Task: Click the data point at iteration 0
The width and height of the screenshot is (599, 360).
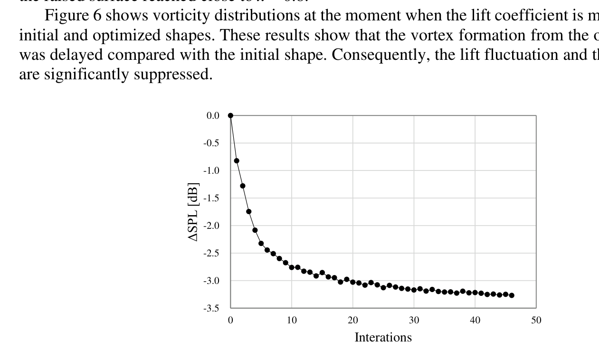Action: (x=230, y=115)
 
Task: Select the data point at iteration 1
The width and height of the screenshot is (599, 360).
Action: (x=237, y=161)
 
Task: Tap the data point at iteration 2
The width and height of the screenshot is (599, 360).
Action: (x=243, y=186)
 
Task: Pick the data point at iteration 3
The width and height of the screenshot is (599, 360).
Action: (x=249, y=211)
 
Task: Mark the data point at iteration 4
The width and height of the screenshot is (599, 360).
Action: (x=255, y=230)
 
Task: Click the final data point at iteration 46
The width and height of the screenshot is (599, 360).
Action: (x=512, y=295)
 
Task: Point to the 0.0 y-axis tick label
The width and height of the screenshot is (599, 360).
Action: (x=213, y=115)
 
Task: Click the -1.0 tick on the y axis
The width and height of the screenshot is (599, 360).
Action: (x=211, y=171)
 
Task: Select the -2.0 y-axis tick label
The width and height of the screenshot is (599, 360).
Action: (x=211, y=226)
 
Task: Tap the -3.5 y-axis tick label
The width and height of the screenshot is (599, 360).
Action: (x=211, y=308)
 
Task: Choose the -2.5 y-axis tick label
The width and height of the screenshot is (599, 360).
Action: (x=211, y=253)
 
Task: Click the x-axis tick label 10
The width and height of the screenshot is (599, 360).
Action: (x=292, y=321)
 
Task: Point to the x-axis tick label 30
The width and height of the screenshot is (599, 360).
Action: (x=414, y=321)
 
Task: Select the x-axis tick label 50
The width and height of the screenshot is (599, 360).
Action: (x=536, y=321)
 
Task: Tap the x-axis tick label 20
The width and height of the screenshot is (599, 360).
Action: (x=352, y=321)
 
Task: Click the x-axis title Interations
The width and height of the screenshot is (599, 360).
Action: (x=383, y=337)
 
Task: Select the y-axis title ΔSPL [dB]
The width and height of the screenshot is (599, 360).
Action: (x=194, y=212)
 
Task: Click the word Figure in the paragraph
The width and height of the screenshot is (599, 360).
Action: (x=64, y=16)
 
